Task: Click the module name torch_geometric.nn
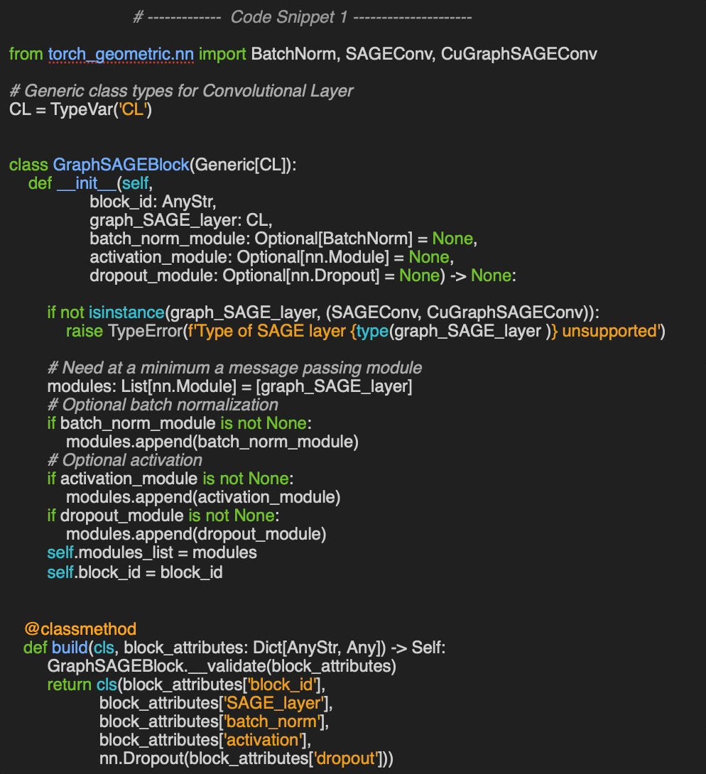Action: (x=121, y=54)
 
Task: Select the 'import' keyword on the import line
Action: (x=223, y=54)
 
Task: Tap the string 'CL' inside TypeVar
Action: (x=132, y=110)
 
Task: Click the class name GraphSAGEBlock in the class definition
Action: (x=121, y=165)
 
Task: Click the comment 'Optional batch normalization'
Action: (x=163, y=405)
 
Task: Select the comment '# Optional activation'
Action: (x=125, y=460)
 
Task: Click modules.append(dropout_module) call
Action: (x=196, y=534)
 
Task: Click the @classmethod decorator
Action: (x=80, y=628)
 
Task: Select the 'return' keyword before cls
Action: (x=68, y=684)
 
